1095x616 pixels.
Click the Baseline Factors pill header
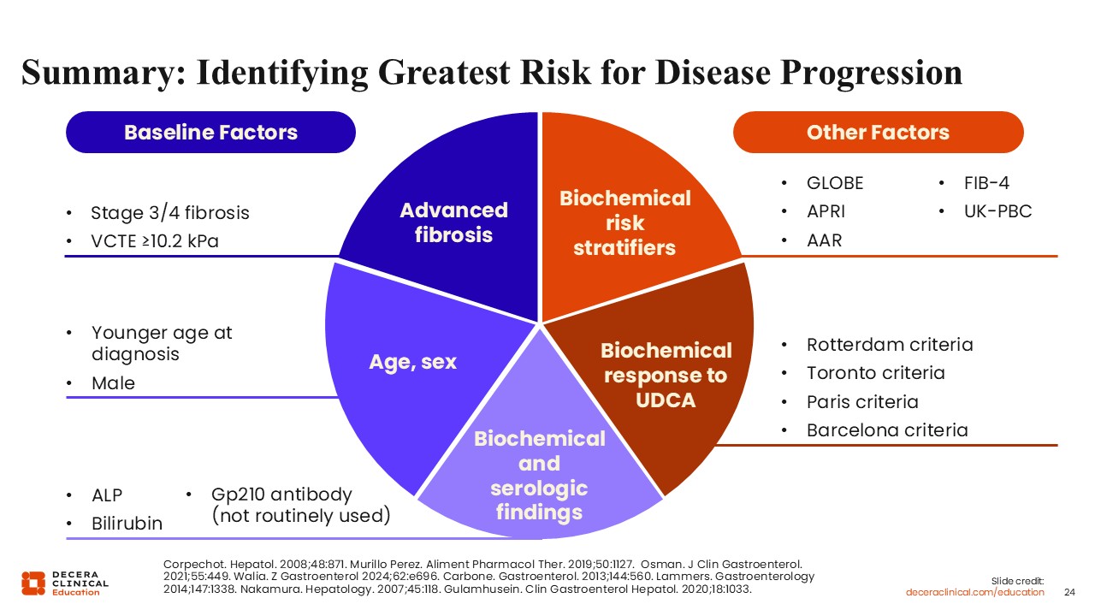[x=210, y=132]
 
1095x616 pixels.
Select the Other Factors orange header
[x=878, y=132]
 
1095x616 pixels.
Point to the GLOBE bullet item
[x=835, y=183]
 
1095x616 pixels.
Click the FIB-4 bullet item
[x=986, y=183]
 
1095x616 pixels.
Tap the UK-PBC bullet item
[x=997, y=211]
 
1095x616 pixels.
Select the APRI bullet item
[x=826, y=211]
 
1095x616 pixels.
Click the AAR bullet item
[x=824, y=240]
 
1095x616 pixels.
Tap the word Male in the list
[x=113, y=383]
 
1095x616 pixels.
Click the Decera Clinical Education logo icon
[x=33, y=583]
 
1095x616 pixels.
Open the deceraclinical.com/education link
[x=974, y=593]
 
